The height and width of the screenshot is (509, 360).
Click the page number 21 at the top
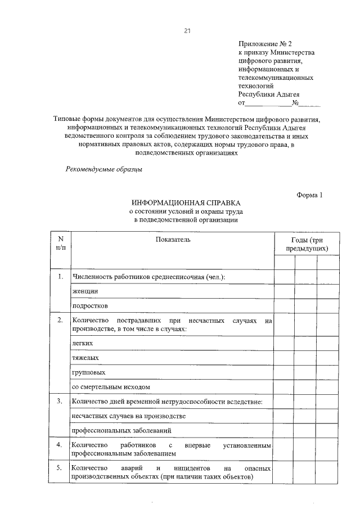tap(187, 30)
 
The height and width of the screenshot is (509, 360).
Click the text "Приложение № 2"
tap(265, 43)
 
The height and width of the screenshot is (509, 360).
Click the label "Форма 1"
tap(310, 195)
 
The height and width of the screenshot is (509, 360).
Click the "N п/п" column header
tap(60, 244)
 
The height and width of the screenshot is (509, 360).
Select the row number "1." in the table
tap(60, 276)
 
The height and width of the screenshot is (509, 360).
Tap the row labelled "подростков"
tap(89, 306)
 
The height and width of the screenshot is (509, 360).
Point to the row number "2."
tap(60, 320)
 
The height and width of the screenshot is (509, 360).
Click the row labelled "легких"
tap(83, 343)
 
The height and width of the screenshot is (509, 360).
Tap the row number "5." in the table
tap(60, 467)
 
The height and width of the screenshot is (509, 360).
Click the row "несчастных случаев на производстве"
tap(129, 416)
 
